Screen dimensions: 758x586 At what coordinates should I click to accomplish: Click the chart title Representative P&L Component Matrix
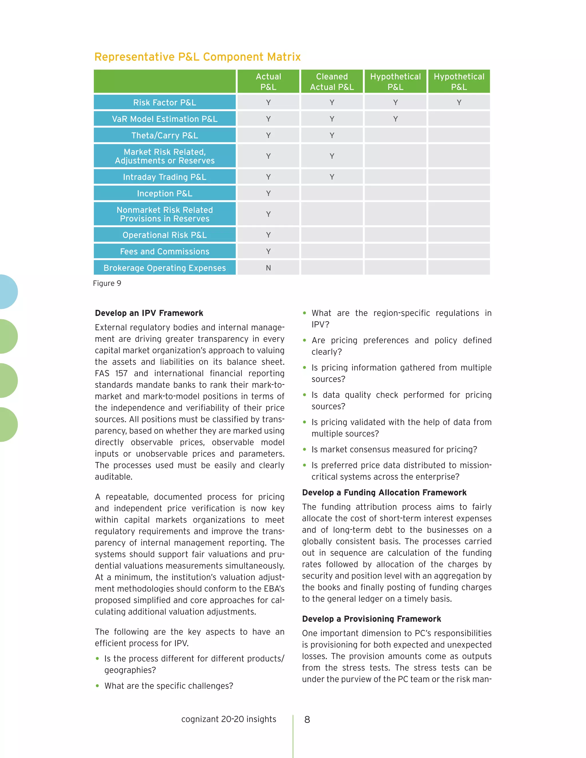coord(197,57)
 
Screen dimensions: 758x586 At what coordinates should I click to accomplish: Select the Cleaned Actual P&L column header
coord(332,82)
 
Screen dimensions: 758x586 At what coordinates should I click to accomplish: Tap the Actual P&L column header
coord(268,82)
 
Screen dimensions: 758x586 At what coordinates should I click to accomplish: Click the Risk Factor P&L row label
coord(165,102)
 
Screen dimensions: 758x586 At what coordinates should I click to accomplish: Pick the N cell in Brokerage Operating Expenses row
coord(268,268)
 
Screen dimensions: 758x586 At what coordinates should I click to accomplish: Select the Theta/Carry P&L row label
coord(165,135)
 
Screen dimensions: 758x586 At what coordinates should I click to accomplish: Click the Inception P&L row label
coord(165,193)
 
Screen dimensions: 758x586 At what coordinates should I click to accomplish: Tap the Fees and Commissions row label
coord(165,251)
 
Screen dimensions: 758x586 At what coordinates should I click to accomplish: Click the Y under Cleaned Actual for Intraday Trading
coord(332,177)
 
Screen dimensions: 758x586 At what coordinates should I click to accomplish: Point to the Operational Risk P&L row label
coord(165,235)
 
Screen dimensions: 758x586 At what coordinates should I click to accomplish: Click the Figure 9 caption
coord(107,283)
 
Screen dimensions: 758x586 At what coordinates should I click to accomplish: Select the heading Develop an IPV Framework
coord(149,313)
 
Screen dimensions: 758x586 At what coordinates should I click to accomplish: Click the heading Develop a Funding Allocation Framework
coord(384,493)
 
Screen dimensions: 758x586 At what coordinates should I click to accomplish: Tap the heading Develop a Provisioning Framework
coord(371,619)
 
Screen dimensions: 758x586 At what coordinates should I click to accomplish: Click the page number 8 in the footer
coord(307,719)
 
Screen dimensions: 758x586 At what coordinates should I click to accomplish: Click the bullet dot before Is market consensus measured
coord(304,449)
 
